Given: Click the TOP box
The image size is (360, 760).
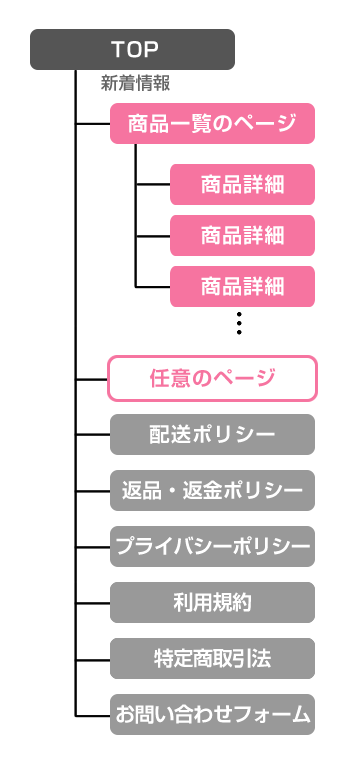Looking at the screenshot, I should pos(133,49).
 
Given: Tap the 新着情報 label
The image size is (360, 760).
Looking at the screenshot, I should pos(135,84).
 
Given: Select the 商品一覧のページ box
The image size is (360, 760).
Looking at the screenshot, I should pos(213,124).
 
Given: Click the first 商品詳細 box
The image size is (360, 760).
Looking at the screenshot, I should pos(243,184).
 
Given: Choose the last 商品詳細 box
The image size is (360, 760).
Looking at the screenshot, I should pos(243,286).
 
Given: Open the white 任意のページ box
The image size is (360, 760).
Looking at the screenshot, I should pos(212,378).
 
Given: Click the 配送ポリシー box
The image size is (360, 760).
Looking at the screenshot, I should pos(212,434).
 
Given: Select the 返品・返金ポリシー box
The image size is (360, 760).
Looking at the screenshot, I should pos(212,490).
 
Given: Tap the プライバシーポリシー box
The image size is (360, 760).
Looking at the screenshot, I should pos(212,546).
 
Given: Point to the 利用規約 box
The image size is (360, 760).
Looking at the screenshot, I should pos(212,602).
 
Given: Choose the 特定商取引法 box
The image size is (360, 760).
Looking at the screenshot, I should pos(212,658).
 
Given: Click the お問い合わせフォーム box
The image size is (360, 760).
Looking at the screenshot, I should pos(212,714).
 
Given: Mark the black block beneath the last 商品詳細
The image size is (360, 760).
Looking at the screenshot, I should pos(239,328).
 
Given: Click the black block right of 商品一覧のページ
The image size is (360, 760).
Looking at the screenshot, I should pos(321,124).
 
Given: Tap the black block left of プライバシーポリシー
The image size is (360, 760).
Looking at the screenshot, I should pos(97,546).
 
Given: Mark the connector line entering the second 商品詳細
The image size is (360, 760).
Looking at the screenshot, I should pos(152,236).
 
